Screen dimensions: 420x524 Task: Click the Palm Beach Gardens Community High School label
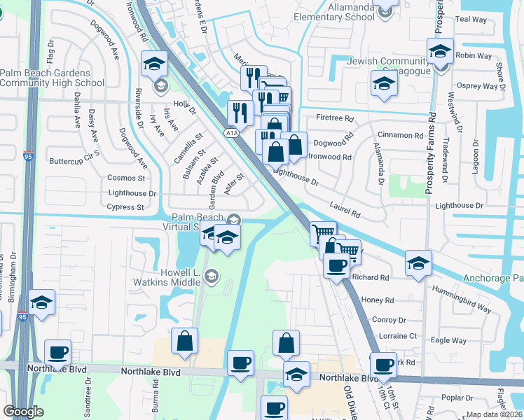(x=52, y=78)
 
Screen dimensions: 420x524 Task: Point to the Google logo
(x=23, y=412)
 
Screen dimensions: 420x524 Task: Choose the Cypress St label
(x=125, y=207)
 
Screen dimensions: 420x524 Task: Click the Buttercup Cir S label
(x=75, y=160)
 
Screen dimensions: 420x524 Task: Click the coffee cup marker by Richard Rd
(x=337, y=266)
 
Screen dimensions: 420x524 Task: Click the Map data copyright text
(x=495, y=414)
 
